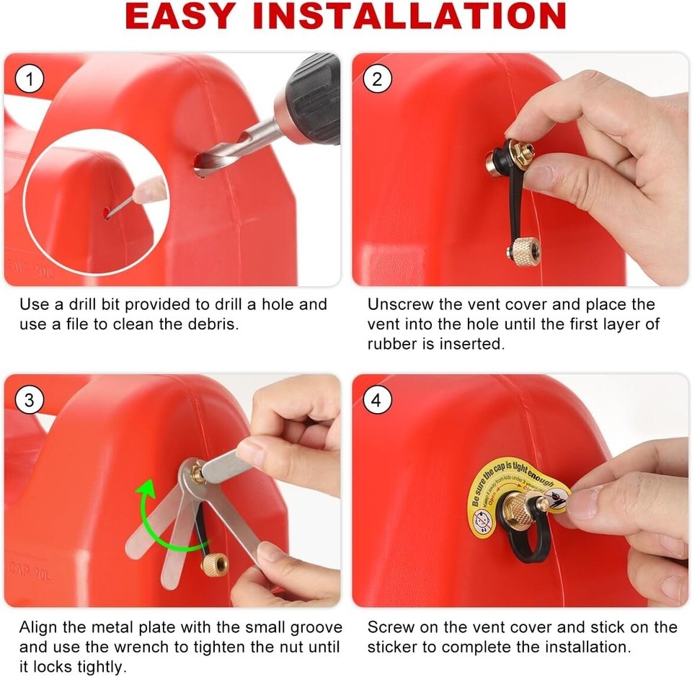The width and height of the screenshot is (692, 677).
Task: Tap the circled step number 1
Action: (29, 79)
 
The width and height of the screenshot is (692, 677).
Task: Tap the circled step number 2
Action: (377, 79)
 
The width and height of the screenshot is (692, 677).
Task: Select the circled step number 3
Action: (29, 399)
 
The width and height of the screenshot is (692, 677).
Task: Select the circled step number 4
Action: (377, 399)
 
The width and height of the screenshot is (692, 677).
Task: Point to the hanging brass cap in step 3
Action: (213, 563)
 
